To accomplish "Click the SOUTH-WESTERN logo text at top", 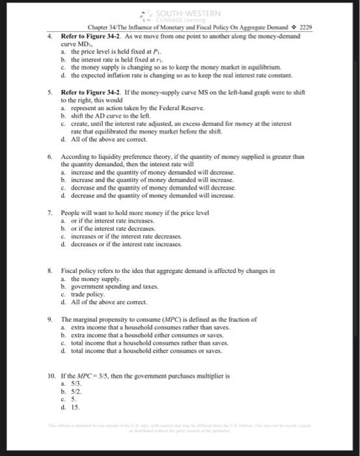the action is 193,13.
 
